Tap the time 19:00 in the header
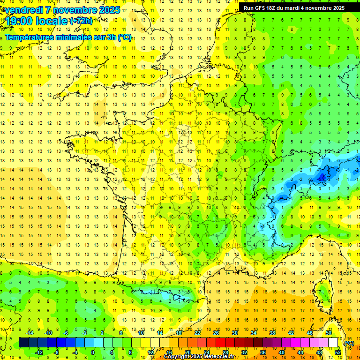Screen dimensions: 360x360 tap(20, 21)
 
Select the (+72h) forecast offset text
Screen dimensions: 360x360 tap(81, 21)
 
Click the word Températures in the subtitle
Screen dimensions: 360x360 tap(34, 37)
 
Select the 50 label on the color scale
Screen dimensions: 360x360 tap(328, 333)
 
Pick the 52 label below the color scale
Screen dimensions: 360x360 tap(337, 352)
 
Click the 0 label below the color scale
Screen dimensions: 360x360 tap(92, 352)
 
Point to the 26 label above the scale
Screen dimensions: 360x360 tap(216, 333)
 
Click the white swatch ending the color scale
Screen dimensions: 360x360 tap(333, 342)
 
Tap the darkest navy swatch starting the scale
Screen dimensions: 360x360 tap(23, 342)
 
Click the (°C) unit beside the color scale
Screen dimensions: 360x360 tap(349, 343)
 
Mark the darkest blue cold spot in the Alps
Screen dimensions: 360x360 tap(322, 177)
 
